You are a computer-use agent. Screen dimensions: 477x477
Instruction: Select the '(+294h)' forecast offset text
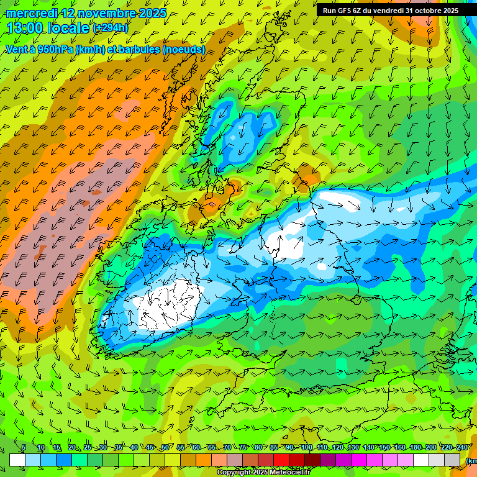(x=111, y=28)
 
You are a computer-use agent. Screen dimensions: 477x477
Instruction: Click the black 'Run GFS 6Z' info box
(x=390, y=10)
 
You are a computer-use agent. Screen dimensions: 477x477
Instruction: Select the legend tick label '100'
(x=306, y=448)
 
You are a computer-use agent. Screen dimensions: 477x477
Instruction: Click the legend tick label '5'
(x=24, y=448)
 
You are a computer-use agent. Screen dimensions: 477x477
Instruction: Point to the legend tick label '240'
(x=463, y=448)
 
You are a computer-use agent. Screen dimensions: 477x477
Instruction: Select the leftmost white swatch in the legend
(x=17, y=460)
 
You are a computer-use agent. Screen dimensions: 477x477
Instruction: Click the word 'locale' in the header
(x=68, y=28)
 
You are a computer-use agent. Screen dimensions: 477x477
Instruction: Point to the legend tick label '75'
(x=243, y=448)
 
